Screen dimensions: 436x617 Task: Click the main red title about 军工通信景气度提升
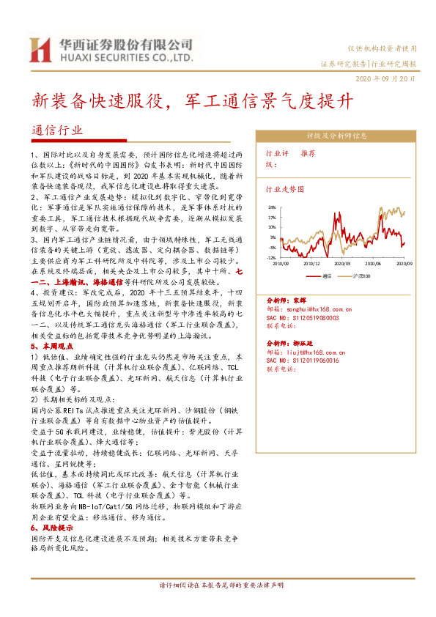[197, 101]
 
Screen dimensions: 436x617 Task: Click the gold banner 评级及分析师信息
[336, 136]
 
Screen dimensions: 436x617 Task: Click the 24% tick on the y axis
[272, 208]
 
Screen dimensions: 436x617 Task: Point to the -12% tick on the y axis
[271, 257]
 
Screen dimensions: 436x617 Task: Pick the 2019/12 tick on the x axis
[311, 262]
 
